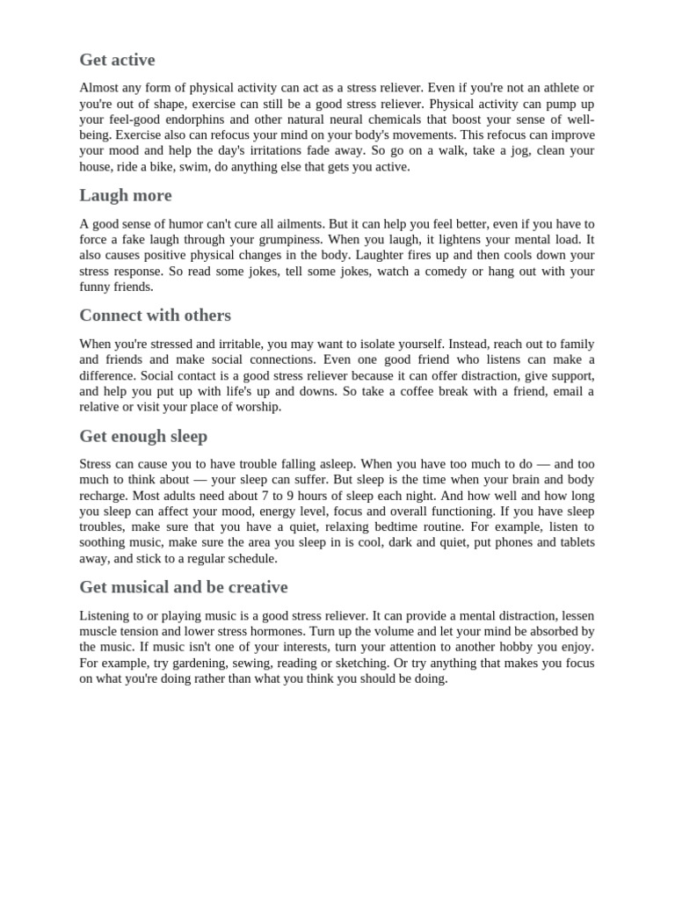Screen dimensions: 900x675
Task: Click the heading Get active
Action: (x=117, y=60)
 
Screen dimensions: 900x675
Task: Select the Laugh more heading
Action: (x=126, y=195)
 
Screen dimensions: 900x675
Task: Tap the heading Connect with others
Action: (x=155, y=315)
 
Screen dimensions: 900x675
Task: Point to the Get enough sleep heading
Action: (x=143, y=436)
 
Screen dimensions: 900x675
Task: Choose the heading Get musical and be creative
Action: (x=183, y=586)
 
